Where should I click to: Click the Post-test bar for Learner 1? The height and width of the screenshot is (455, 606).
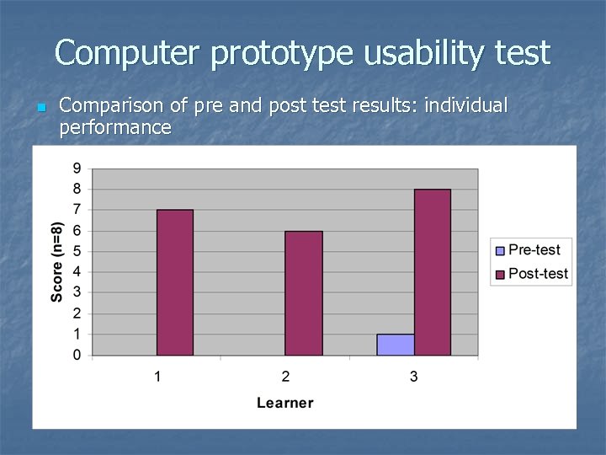tap(174, 282)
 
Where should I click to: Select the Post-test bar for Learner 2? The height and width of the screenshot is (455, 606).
tap(303, 292)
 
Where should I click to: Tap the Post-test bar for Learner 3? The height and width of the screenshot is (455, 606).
tap(432, 272)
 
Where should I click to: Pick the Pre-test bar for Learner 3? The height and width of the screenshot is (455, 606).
tap(396, 345)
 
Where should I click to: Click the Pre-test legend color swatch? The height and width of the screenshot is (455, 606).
tap(501, 250)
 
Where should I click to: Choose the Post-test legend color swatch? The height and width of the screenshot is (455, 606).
tap(501, 274)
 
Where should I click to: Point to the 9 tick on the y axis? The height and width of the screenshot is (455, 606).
tap(77, 168)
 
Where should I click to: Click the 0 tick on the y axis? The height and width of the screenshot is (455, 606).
tap(77, 355)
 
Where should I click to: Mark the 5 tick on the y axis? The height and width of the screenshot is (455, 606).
tap(77, 251)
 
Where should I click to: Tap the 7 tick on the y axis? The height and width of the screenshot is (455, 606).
tap(77, 209)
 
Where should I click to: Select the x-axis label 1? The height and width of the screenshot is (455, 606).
tap(157, 376)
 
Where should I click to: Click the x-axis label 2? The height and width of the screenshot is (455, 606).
tap(285, 376)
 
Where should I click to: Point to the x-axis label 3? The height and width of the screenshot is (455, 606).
tap(413, 376)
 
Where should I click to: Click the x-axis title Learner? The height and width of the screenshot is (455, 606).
tap(284, 403)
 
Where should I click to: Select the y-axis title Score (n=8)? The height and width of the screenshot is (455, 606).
tap(56, 261)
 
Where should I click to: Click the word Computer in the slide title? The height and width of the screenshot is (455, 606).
tap(128, 54)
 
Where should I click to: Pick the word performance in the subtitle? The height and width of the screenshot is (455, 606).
tap(115, 128)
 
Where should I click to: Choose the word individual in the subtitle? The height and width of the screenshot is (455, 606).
tap(468, 106)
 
